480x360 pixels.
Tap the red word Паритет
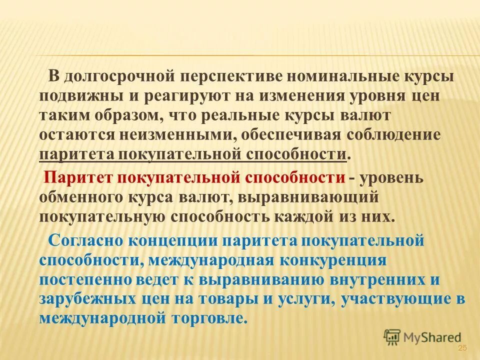(79, 178)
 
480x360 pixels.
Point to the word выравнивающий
(319, 197)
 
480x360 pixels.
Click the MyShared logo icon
(393, 337)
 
